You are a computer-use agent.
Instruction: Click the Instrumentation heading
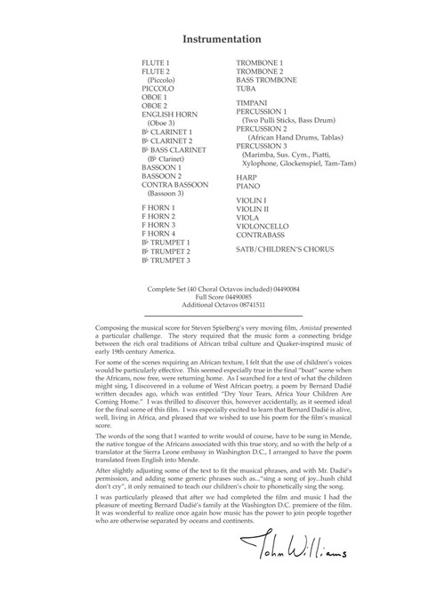(x=222, y=39)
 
